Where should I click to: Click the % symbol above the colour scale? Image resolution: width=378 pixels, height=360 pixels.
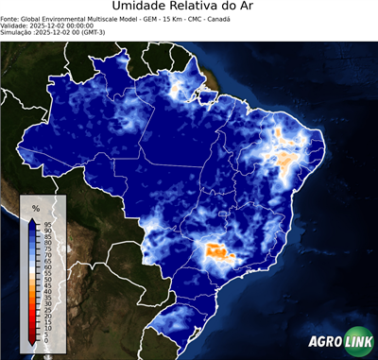pyautogui.click(x=36, y=208)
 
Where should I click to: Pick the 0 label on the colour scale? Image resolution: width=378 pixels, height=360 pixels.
pyautogui.click(x=45, y=339)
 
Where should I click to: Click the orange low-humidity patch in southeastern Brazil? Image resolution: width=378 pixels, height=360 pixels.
pyautogui.click(x=217, y=252)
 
